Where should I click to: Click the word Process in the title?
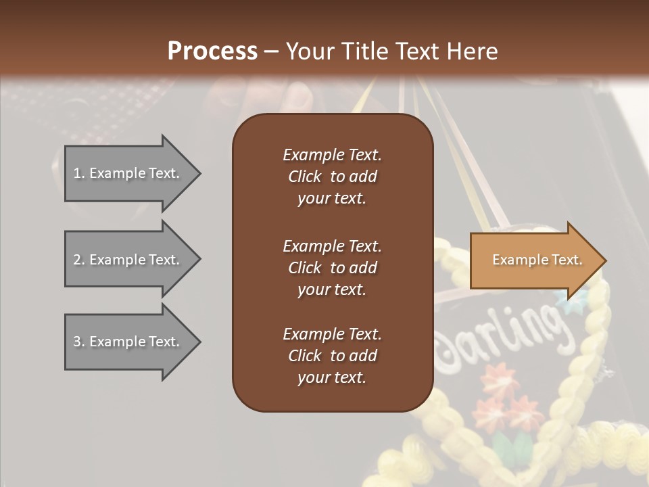tap(212, 51)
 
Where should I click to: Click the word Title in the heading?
tap(366, 51)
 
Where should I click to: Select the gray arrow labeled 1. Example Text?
tap(126, 173)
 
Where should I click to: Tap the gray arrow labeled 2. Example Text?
tap(126, 260)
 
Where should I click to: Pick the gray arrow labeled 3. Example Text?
tap(126, 342)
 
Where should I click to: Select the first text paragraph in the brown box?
tap(332, 177)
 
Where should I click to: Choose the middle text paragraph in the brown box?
tap(332, 268)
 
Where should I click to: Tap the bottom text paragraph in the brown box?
tap(332, 356)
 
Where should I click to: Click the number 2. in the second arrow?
tap(79, 260)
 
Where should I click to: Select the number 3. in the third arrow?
tap(79, 342)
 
